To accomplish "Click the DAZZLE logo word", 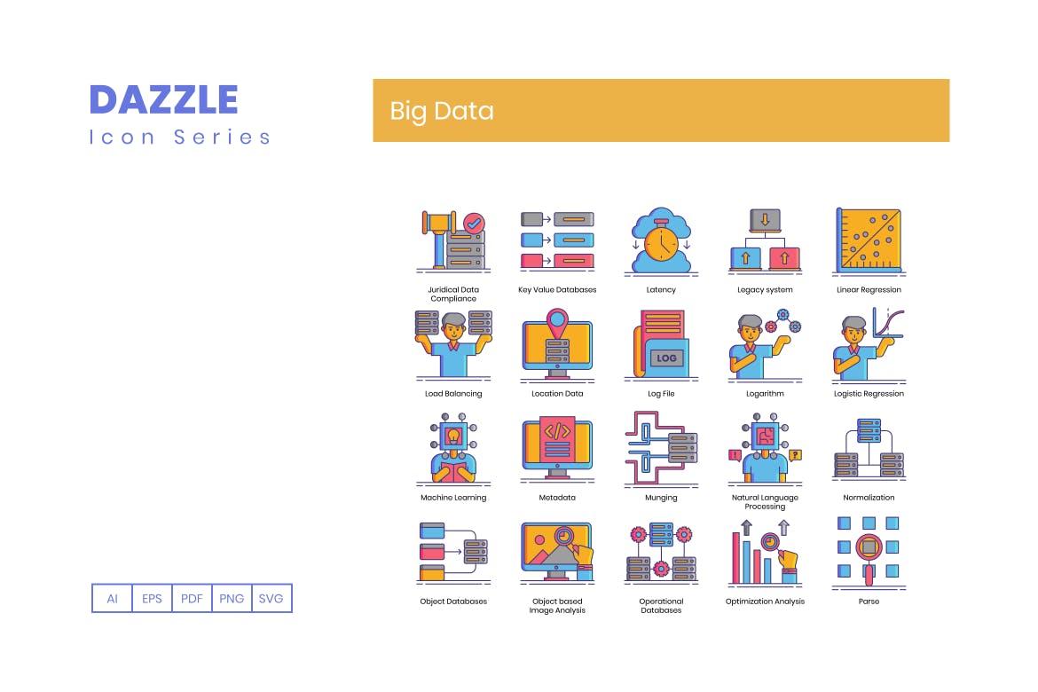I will [164, 99].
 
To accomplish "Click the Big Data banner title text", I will [442, 111].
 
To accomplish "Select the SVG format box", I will [271, 598].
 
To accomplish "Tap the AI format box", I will [112, 598].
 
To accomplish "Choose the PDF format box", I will [192, 598].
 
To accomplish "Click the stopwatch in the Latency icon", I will [661, 241].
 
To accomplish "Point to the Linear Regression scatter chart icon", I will [869, 240].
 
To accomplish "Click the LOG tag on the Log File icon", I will [666, 358].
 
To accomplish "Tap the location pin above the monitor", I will [557, 319].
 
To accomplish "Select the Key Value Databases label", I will [557, 290].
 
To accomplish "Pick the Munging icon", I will [661, 449].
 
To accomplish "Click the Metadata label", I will [557, 498].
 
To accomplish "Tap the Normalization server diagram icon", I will [869, 449].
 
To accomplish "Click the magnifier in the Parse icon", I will [869, 548].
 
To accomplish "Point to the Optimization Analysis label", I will [765, 602].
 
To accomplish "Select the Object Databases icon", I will [453, 552].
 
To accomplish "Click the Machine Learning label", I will [453, 498].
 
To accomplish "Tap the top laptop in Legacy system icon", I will [765, 220].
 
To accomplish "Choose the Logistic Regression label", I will [869, 394].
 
